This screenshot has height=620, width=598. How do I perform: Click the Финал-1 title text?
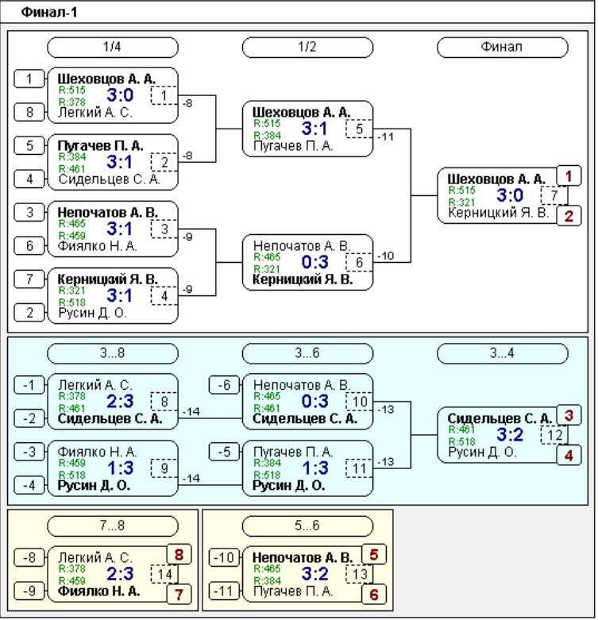(49, 12)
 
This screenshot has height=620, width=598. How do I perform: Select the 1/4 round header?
(112, 47)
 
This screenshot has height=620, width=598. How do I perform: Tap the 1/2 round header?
(307, 47)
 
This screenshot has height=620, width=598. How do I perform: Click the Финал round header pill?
(502, 47)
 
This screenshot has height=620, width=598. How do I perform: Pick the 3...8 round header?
(112, 353)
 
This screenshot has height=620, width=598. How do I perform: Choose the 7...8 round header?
(112, 526)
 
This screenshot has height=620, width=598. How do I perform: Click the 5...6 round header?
(307, 526)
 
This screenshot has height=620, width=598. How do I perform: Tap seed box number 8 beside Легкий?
(29, 112)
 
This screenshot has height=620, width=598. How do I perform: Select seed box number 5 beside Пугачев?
(29, 145)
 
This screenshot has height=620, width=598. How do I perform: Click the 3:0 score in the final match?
(510, 195)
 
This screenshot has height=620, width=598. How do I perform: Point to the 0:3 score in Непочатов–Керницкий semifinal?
(314, 262)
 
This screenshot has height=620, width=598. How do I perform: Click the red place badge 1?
(569, 176)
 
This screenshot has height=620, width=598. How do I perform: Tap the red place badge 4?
(569, 456)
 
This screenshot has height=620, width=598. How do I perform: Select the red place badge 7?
(179, 595)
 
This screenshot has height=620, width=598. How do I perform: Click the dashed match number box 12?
(554, 435)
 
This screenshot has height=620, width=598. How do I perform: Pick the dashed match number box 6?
(359, 263)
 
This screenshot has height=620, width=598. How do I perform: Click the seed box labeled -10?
(224, 557)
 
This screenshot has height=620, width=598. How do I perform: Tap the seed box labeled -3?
(29, 452)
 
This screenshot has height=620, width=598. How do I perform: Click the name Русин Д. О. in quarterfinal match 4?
(93, 313)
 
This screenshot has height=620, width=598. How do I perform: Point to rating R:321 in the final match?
(461, 202)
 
